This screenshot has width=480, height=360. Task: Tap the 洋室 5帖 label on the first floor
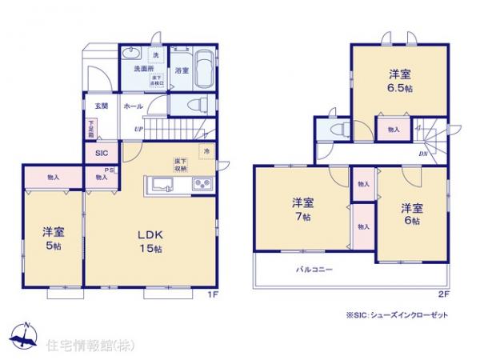pyautogui.click(x=53, y=238)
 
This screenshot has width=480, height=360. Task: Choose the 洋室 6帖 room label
pyautogui.click(x=411, y=213)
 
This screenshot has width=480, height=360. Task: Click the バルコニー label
pyautogui.click(x=315, y=270)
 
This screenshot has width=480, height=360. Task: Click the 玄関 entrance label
pyautogui.click(x=102, y=106)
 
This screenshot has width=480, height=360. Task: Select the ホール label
pyautogui.click(x=134, y=106)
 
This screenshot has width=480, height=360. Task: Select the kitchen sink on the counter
pyautogui.click(x=158, y=186)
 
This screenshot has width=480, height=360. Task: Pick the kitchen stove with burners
pyautogui.click(x=201, y=186)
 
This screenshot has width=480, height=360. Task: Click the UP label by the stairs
pyautogui.click(x=138, y=129)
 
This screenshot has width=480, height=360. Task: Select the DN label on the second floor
pyautogui.click(x=422, y=154)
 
